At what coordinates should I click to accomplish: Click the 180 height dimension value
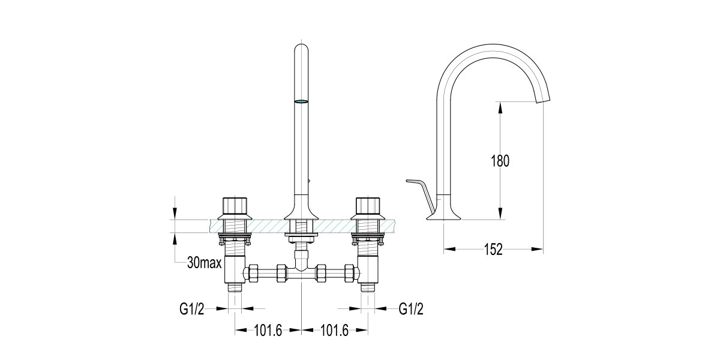pos(499,161)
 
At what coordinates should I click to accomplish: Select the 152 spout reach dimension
pos(493,249)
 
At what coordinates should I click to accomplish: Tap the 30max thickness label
pos(205,263)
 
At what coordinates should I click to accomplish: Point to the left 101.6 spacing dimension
pos(268,330)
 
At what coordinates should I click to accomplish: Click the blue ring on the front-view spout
pos(301,101)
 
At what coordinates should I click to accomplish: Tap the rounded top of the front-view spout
pos(301,46)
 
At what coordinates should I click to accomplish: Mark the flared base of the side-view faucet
pos(444,212)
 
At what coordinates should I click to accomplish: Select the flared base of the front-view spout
pos(301,211)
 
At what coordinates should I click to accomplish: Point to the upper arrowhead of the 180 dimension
pos(499,106)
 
